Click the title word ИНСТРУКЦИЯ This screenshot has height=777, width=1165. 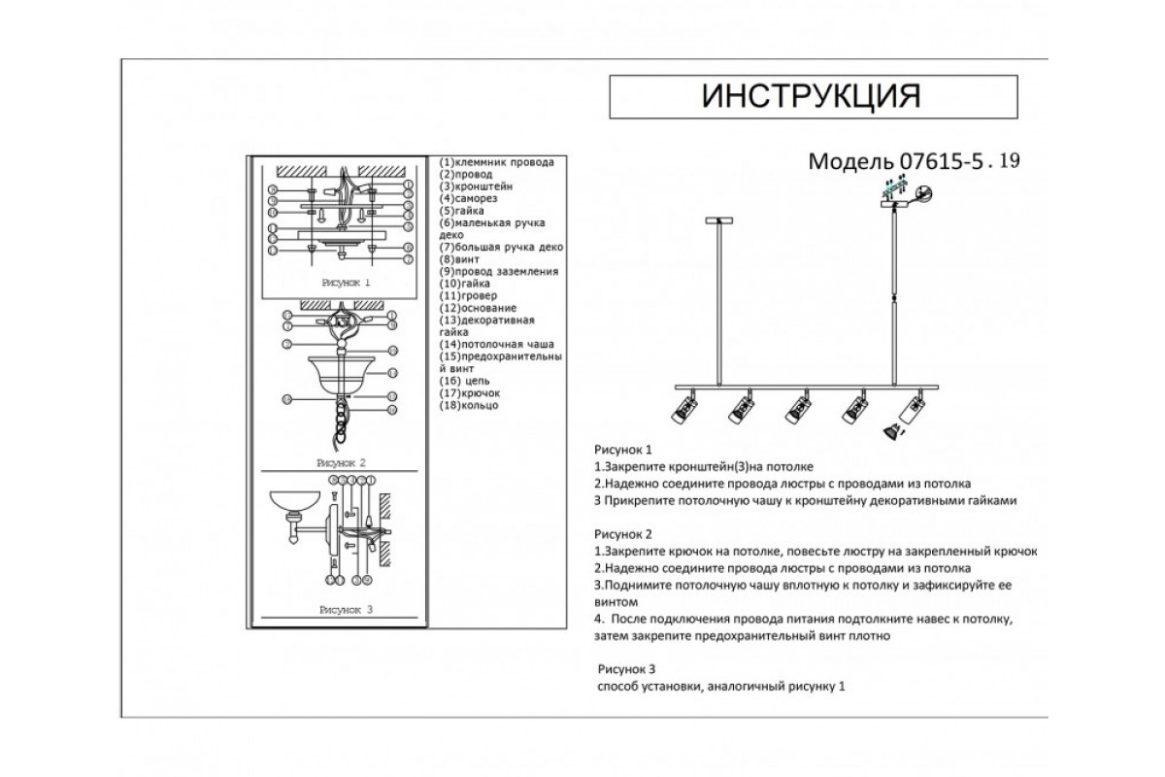point(811,96)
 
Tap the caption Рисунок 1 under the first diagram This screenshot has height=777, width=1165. point(345,283)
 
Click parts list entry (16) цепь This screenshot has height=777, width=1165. point(467,381)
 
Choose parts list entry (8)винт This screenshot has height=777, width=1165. point(462,259)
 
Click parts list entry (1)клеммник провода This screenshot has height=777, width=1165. point(496,162)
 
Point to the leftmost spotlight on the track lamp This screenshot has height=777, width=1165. point(683,409)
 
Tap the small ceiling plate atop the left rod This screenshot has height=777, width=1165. point(718,222)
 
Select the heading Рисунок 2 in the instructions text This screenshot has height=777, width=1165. point(622,534)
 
